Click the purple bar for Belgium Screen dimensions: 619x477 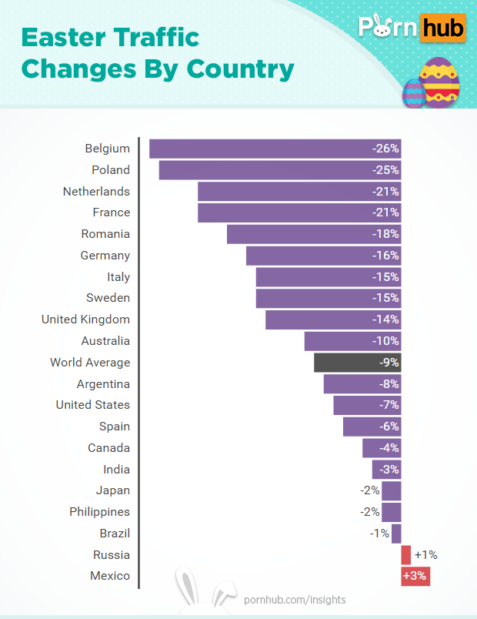coord(262,149)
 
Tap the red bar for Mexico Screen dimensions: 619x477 coord(415,576)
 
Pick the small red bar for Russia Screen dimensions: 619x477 coord(406,555)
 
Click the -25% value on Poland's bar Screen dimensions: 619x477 coord(385,170)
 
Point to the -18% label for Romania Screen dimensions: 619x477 coord(385,234)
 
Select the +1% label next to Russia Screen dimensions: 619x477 coord(425,555)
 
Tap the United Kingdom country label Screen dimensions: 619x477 coord(85,320)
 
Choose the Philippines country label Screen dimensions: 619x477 coord(99,512)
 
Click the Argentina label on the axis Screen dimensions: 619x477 coord(103,384)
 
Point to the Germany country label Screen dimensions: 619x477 coord(105,256)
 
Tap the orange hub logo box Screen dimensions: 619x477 coord(444,29)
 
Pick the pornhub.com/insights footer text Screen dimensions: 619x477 coord(295,600)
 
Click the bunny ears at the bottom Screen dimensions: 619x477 coord(204,591)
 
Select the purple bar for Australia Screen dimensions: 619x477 coord(352,341)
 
